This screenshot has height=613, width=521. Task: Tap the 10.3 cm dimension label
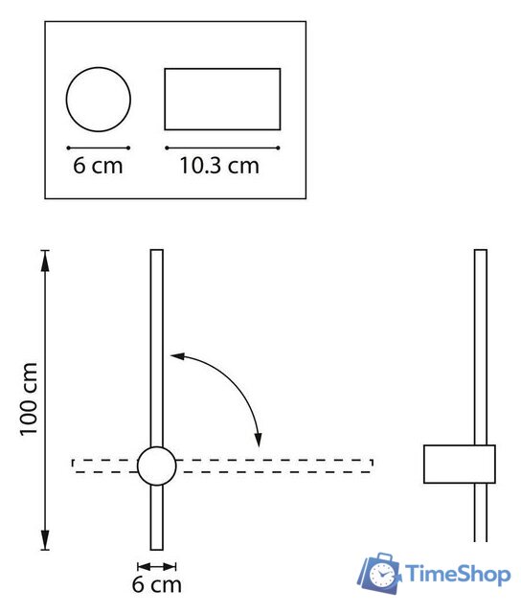coord(219,166)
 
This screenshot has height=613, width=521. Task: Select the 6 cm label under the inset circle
coord(98,166)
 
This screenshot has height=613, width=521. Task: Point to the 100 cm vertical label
coord(29,399)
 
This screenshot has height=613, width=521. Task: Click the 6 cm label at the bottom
coord(157,584)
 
